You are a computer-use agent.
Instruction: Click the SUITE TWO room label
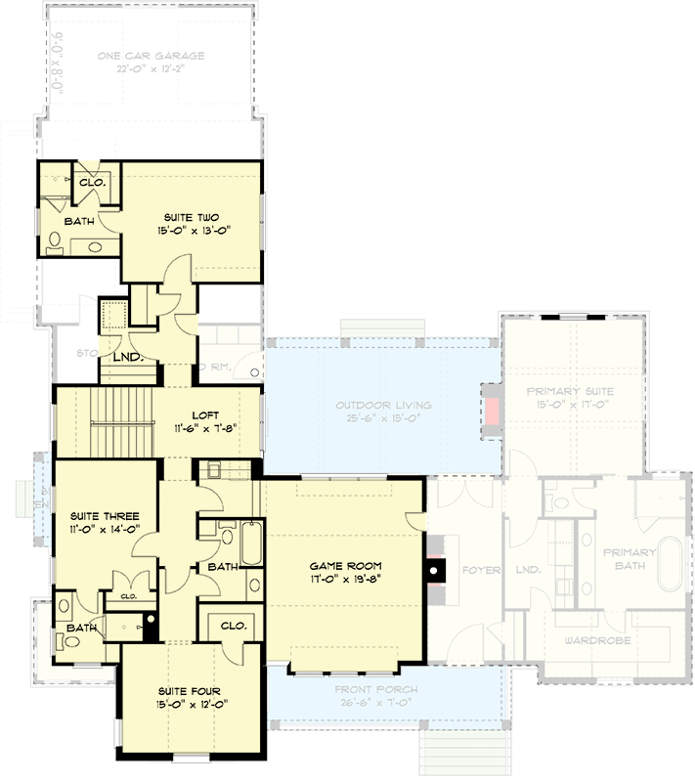click(194, 217)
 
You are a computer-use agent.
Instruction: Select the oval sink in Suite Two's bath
click(96, 246)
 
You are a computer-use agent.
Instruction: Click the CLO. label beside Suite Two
click(92, 182)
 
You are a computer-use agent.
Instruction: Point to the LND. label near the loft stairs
click(128, 357)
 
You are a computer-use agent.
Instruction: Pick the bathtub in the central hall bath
click(250, 543)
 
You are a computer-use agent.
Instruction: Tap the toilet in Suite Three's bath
click(65, 641)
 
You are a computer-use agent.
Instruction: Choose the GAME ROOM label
click(345, 566)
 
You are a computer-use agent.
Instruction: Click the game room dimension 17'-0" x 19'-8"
click(345, 579)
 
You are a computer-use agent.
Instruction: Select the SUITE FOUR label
click(192, 690)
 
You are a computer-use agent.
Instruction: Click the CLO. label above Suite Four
click(232, 625)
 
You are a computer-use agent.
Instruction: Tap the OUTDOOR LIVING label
click(383, 406)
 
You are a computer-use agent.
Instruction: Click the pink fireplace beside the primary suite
click(492, 410)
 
